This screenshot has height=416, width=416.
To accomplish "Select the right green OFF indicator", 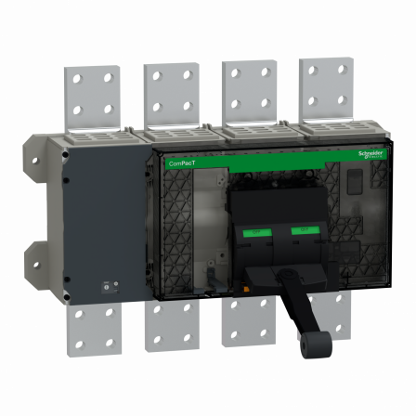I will [300, 228].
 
